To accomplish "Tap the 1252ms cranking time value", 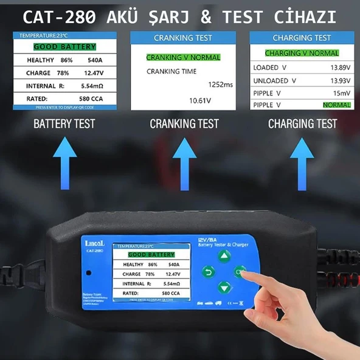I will [221, 85].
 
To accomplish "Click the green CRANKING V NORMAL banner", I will [183, 58].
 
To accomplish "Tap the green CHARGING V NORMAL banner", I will [302, 54].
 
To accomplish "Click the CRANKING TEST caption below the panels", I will [184, 124].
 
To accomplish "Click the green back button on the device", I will [209, 272].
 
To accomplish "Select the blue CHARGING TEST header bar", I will [302, 38].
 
